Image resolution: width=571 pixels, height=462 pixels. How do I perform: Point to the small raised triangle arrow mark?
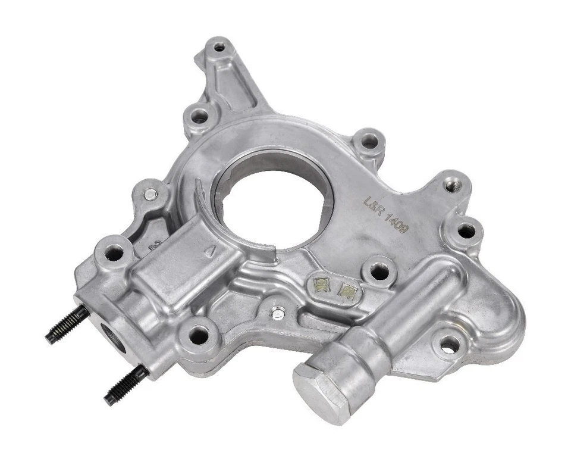click(x=208, y=252)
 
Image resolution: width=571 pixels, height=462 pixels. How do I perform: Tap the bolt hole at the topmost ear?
click(x=219, y=47)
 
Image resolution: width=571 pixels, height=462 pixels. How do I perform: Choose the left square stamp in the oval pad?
click(x=322, y=285)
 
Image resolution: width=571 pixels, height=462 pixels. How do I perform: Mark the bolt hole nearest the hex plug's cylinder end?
click(x=448, y=344)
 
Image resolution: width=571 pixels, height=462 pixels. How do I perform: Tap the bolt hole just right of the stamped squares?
click(x=379, y=272)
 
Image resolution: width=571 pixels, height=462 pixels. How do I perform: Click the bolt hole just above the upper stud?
click(x=114, y=252)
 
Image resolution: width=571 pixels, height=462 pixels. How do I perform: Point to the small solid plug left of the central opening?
click(x=151, y=193)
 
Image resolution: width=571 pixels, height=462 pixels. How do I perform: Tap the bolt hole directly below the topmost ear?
click(x=199, y=117)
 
